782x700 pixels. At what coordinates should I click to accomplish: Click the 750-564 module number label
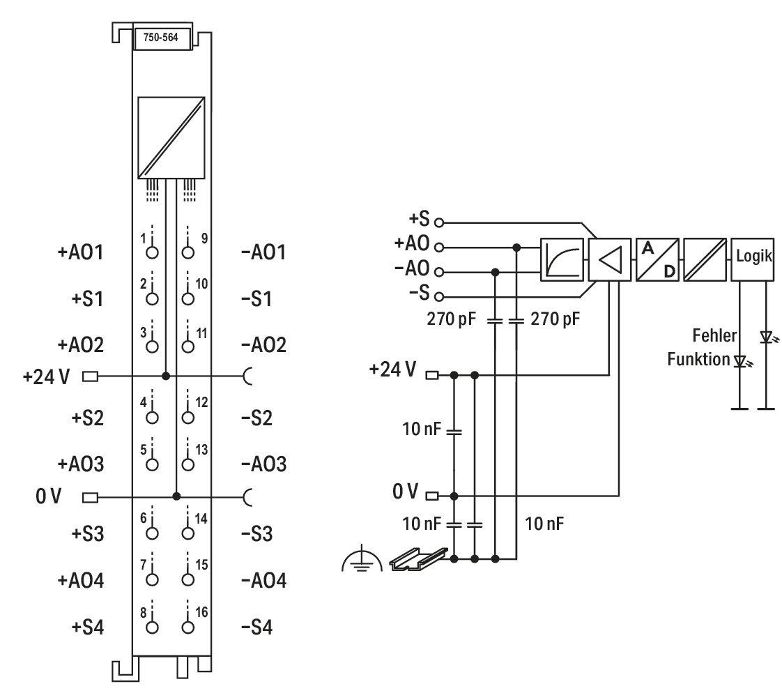click(160, 38)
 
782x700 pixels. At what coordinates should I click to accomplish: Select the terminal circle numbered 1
click(152, 252)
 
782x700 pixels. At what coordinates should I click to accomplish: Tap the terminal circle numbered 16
click(188, 627)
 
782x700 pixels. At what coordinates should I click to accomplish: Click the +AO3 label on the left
click(81, 464)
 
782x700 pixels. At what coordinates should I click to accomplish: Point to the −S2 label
click(257, 418)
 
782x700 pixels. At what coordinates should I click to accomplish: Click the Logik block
click(753, 259)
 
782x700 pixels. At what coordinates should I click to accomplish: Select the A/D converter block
click(657, 259)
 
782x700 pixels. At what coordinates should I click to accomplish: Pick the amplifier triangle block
click(610, 259)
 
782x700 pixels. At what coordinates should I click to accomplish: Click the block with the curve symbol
click(562, 259)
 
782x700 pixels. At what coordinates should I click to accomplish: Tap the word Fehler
click(714, 335)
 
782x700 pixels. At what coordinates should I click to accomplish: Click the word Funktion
click(698, 359)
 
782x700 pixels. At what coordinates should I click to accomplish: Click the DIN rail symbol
click(418, 558)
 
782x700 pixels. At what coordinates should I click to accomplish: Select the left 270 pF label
click(452, 319)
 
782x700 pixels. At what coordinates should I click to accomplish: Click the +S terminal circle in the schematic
click(439, 222)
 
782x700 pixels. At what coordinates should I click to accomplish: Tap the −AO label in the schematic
click(412, 268)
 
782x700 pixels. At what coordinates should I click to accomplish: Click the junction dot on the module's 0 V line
click(176, 496)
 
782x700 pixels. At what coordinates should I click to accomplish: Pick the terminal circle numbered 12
click(188, 418)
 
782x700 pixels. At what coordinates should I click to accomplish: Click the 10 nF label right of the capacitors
click(544, 524)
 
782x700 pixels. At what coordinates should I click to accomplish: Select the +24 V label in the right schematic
click(392, 370)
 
